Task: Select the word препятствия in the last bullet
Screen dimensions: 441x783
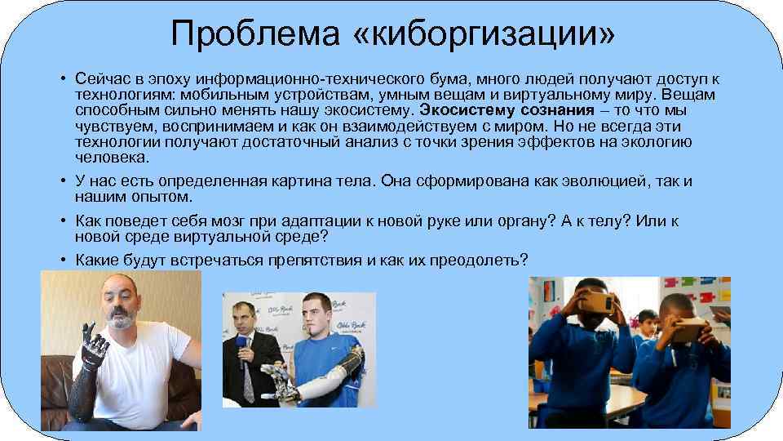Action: pos(320,260)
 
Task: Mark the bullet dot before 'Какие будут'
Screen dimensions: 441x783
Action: pos(63,260)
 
